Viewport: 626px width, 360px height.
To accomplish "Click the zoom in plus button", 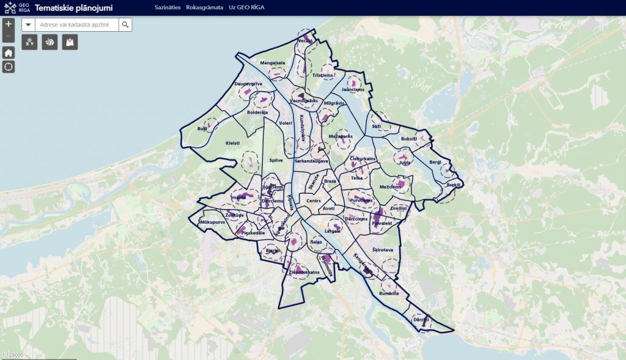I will click(9, 24).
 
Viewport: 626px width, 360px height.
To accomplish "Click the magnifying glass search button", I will click(125, 24).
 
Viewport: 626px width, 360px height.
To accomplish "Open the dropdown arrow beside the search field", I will click(28, 24).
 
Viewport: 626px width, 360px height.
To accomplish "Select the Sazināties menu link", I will click(168, 7).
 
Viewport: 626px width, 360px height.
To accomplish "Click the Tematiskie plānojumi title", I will click(74, 7).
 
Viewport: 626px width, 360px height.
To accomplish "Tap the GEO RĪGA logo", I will click(17, 7).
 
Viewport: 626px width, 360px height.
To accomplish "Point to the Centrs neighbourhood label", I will click(314, 201).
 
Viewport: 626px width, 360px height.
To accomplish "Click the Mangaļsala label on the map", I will click(273, 62).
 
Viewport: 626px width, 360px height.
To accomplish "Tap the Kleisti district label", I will click(233, 143).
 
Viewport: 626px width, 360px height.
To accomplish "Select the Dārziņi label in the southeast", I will click(421, 319).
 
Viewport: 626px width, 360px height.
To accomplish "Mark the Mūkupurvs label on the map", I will click(213, 222).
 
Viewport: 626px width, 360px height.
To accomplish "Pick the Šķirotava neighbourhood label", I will click(383, 249).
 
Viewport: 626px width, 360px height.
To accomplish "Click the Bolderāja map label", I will click(257, 112).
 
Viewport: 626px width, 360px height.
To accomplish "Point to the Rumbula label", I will click(389, 293).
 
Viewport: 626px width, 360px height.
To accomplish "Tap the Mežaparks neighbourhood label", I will click(341, 136).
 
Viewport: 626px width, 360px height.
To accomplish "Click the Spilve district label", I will click(276, 161).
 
